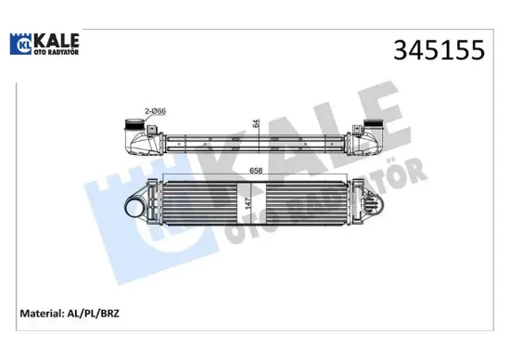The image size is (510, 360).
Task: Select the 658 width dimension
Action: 254,169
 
